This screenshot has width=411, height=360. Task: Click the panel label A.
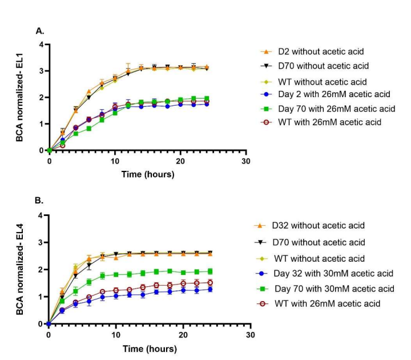click(40, 31)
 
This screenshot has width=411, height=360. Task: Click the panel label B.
click(39, 201)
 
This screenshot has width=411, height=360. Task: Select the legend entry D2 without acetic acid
click(321, 51)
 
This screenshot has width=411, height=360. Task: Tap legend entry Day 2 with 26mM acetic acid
click(334, 94)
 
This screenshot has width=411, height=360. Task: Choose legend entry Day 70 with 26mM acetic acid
click(337, 109)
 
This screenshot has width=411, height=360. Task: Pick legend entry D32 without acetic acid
click(318, 225)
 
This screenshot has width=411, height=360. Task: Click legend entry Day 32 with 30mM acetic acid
click(333, 273)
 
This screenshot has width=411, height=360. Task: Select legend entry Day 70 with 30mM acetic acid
click(335, 289)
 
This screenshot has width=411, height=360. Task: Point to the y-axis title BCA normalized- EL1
click(19, 98)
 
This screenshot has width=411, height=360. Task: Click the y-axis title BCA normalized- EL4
click(19, 269)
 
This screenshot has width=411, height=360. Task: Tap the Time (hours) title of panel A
click(148, 174)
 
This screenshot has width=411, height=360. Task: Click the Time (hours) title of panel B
click(150, 349)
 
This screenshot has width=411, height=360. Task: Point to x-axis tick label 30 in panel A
click(246, 161)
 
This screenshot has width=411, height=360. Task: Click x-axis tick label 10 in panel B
click(116, 335)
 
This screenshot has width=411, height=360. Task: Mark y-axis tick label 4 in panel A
click(42, 45)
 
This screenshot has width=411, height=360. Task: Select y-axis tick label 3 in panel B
click(40, 242)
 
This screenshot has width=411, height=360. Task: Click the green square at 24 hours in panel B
click(210, 271)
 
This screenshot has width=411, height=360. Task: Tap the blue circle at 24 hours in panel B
click(210, 289)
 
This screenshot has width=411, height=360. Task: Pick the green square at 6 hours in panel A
click(89, 129)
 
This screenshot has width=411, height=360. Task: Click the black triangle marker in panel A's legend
click(267, 66)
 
